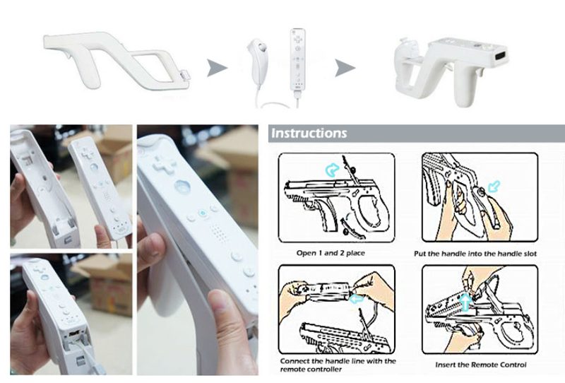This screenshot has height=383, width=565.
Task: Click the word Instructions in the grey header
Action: click(309, 133)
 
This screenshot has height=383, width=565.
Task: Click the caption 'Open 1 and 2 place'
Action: click(331, 253)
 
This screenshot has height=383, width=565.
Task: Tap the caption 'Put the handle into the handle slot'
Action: click(475, 254)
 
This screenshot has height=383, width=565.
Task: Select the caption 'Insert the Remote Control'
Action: click(481, 365)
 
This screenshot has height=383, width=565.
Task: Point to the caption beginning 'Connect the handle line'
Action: click(338, 365)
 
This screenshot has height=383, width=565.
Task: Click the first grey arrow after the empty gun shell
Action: click(217, 68)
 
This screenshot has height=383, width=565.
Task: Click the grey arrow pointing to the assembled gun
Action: click(345, 68)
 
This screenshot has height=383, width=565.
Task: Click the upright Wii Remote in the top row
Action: click(297, 61)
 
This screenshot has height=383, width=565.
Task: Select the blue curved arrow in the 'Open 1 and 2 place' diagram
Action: click(332, 170)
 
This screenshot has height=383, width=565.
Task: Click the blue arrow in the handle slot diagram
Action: click(494, 187)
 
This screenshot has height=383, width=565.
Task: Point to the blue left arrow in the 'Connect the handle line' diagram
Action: click(357, 299)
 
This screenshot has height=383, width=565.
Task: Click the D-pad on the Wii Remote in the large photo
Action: click(164, 165)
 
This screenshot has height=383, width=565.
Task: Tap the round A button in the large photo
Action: click(182, 187)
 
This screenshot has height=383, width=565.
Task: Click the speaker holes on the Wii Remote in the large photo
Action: click(217, 232)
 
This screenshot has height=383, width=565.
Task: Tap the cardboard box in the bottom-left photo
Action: click(104, 285)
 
